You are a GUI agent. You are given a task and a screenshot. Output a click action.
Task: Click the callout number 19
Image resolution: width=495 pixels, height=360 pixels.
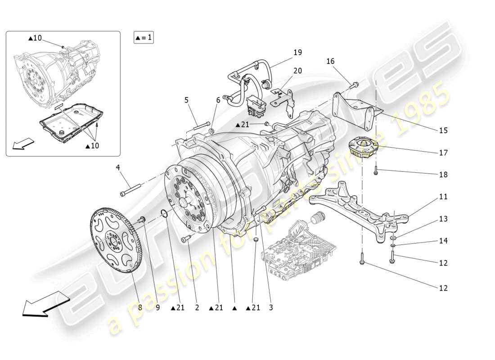(x=298, y=53)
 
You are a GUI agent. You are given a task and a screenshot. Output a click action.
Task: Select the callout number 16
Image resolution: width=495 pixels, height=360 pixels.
(x=331, y=61)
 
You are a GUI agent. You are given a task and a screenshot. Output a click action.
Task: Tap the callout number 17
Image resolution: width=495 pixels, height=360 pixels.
(x=443, y=153)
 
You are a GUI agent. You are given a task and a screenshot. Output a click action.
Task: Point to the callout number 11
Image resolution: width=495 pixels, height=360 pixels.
(x=443, y=197)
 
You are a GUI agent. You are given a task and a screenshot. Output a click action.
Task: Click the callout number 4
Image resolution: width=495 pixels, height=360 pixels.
(x=118, y=168)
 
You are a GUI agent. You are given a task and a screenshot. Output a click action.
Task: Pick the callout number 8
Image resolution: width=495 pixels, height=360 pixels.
(x=140, y=308)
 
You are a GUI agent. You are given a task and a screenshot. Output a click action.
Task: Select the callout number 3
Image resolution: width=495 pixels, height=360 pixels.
(x=271, y=308)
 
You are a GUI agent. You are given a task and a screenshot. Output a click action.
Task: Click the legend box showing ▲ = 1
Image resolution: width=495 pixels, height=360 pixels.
(x=144, y=37)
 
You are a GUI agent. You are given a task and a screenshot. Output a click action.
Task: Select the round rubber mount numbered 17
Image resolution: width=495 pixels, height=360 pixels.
(x=363, y=148)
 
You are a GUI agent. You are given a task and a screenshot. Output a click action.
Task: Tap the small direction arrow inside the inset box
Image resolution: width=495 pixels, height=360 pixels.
(x=23, y=143)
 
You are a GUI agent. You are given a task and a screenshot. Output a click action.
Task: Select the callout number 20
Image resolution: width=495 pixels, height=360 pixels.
(x=298, y=71)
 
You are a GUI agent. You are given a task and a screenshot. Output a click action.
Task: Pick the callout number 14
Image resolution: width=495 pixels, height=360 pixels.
(x=443, y=241)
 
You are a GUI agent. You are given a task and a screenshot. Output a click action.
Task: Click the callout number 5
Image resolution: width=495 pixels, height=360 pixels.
(x=187, y=100)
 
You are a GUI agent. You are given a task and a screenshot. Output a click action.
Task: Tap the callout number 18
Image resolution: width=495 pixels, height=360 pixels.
(x=443, y=175)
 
